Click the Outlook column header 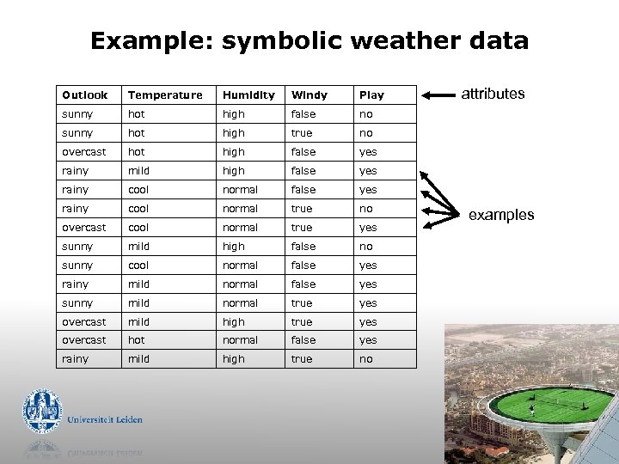tap(85, 95)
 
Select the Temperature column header tap(165, 95)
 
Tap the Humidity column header tap(248, 95)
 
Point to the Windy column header tap(309, 95)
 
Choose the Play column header tap(371, 95)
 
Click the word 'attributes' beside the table tap(493, 94)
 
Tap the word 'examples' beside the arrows tap(501, 215)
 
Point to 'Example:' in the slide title tap(152, 40)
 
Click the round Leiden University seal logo tap(41, 410)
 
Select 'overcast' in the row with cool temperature tap(84, 228)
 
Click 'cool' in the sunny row tap(138, 266)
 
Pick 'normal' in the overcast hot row tap(240, 340)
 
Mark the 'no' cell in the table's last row tap(366, 359)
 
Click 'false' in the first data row tap(303, 114)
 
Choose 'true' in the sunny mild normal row tap(302, 303)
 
